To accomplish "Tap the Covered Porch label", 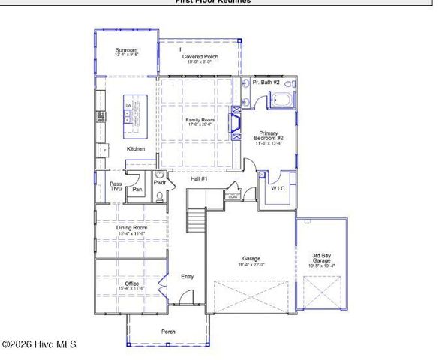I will (200, 58).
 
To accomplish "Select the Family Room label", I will (200, 121).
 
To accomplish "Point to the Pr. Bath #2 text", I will (266, 82).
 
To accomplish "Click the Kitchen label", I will (136, 148).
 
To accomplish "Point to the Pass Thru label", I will (116, 187).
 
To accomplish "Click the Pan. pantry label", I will (137, 190).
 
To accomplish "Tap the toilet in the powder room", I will (159, 197).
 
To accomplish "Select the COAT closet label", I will (233, 196).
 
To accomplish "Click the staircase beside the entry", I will (196, 222).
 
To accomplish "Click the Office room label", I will (130, 284).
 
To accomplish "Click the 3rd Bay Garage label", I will (323, 259).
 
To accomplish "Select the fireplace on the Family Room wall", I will (236, 124).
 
